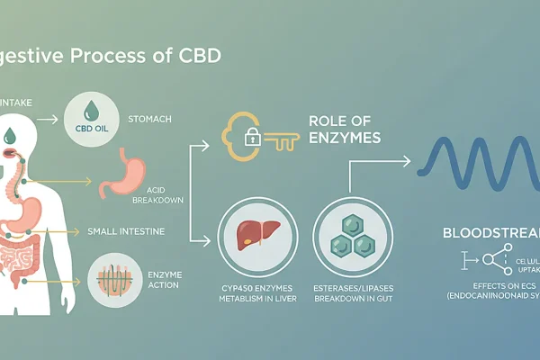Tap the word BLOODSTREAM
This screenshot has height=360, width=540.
click(490, 232)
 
